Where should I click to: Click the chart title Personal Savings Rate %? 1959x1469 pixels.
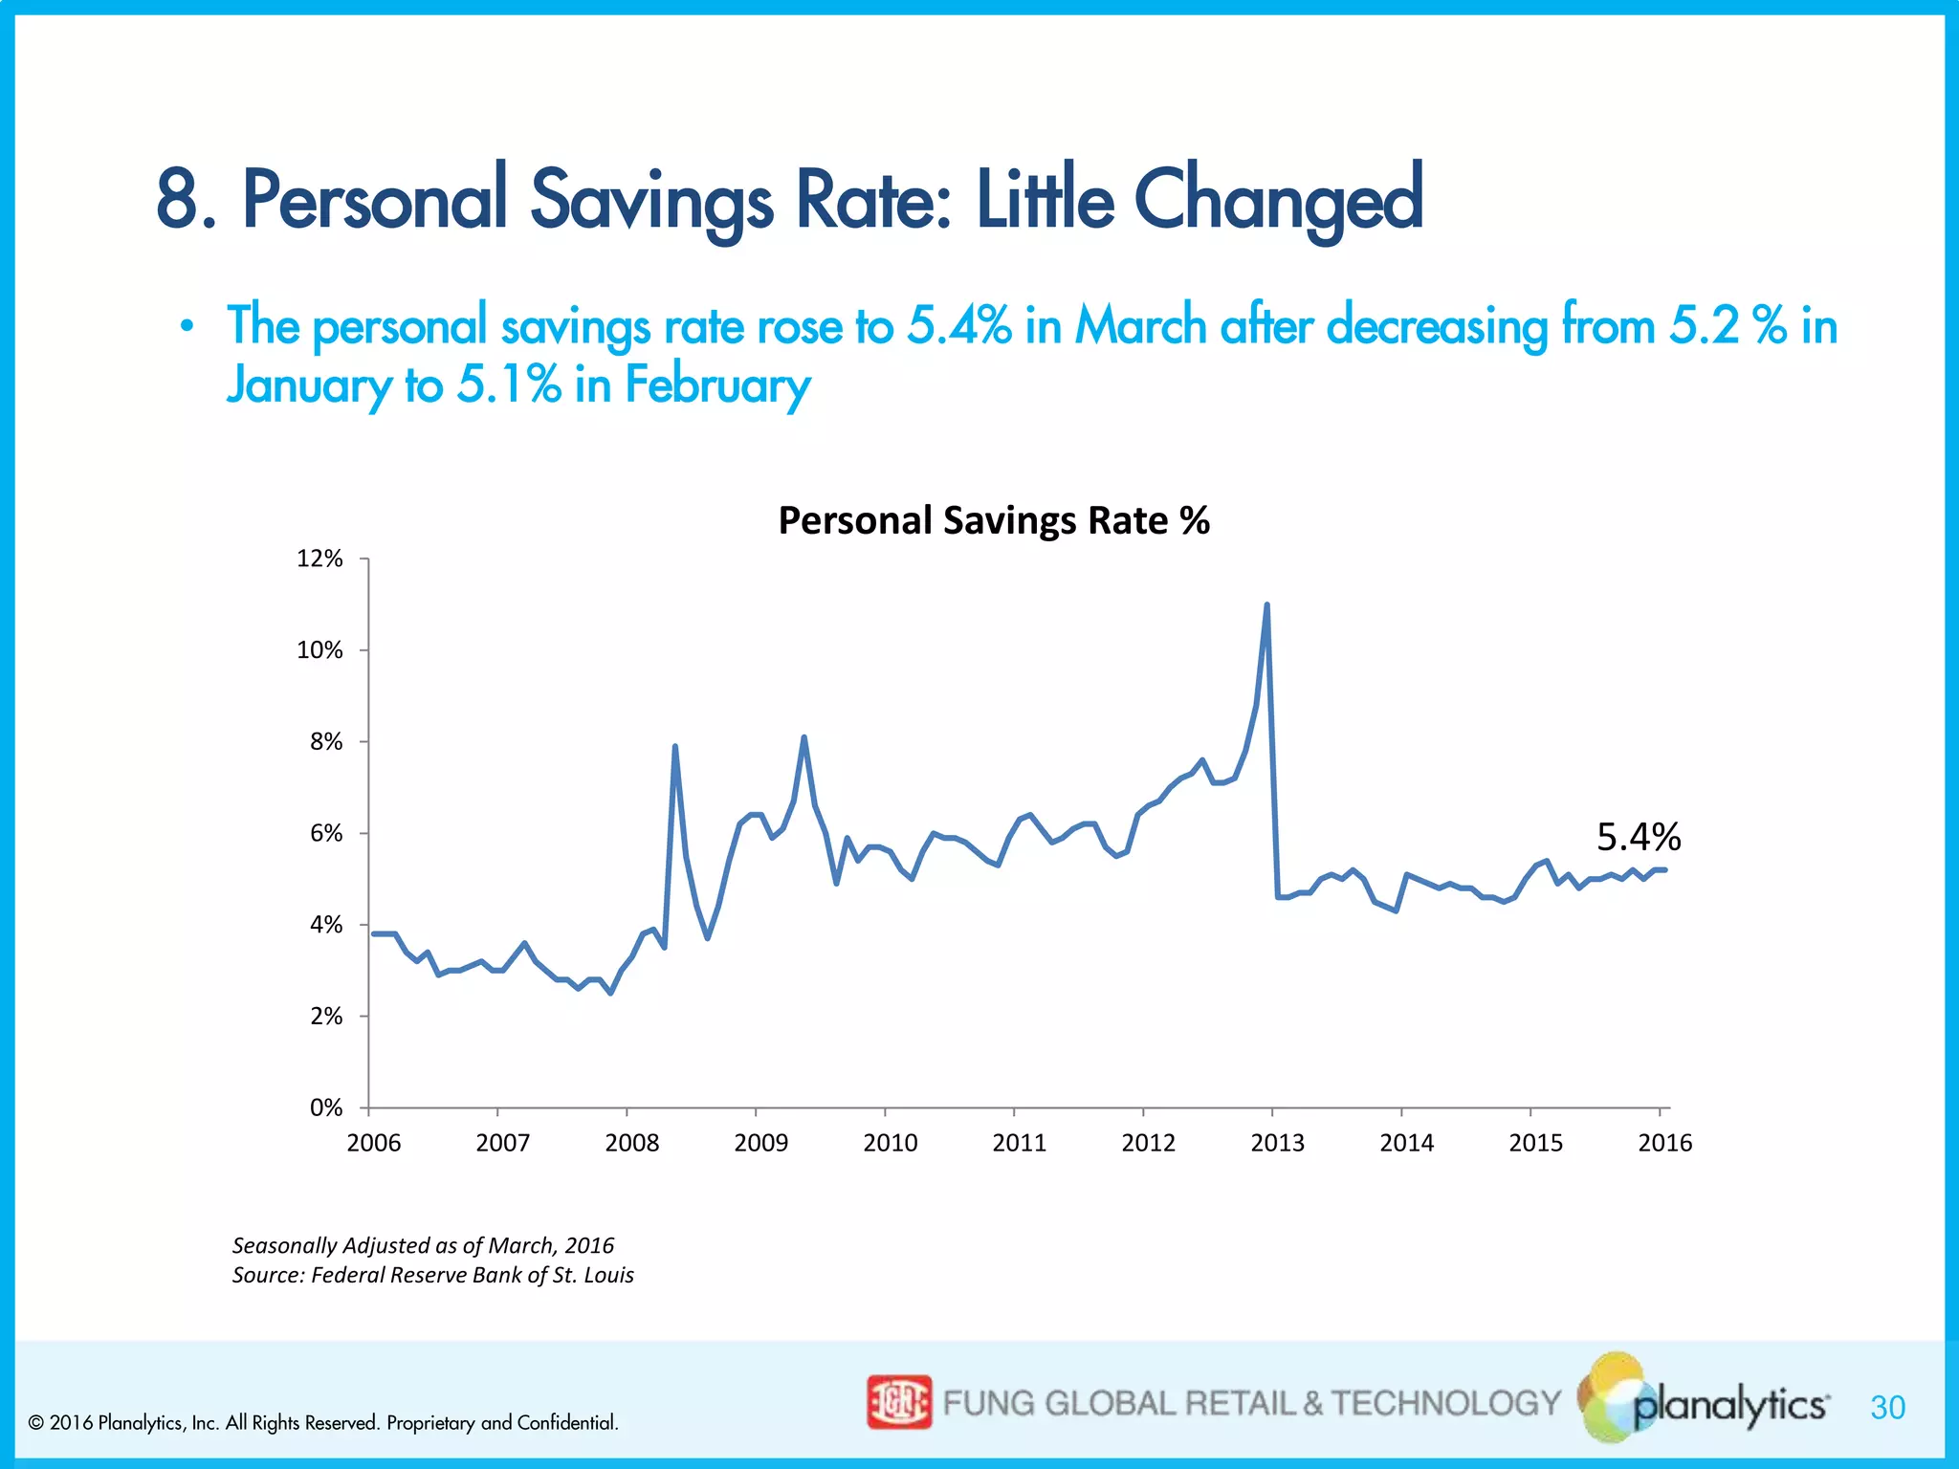(994, 521)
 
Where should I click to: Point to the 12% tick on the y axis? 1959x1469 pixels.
(319, 559)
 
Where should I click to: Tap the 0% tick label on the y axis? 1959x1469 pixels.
(325, 1107)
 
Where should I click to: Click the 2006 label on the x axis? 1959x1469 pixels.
(373, 1143)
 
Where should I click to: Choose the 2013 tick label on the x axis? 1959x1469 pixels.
(1277, 1143)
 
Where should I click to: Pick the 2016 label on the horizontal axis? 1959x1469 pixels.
(1664, 1143)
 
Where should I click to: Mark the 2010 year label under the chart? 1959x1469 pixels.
(890, 1143)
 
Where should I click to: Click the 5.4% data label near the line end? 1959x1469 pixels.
(1639, 837)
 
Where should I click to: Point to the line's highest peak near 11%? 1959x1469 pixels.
(1266, 605)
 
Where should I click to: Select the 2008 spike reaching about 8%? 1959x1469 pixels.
(675, 747)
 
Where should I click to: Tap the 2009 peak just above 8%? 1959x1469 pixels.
(804, 737)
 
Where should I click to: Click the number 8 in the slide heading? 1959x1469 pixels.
(177, 200)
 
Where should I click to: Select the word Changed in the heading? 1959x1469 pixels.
(1279, 200)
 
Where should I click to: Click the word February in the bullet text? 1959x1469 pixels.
(717, 385)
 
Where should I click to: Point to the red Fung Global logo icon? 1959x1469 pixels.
(898, 1402)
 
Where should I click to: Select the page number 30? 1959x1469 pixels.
(1887, 1408)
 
